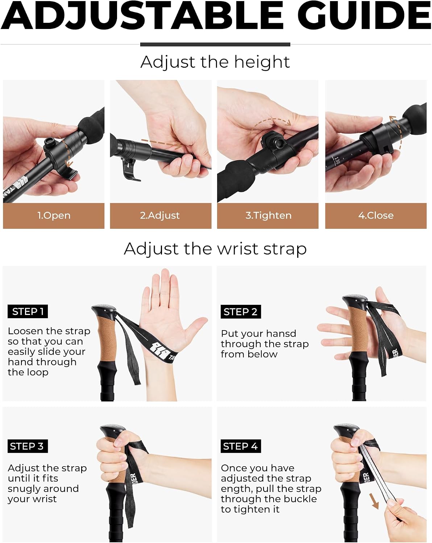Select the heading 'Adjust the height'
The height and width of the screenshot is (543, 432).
215,62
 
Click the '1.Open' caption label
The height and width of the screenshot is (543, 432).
54,215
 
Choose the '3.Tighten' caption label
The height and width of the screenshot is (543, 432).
268,215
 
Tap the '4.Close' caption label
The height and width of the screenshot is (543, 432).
376,215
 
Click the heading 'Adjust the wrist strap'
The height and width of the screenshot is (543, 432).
215,249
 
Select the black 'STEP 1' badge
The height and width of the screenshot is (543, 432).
28,312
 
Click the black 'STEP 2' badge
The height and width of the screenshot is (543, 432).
241,312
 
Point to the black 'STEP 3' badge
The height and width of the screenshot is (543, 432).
28,446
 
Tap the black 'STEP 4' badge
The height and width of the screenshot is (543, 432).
241,446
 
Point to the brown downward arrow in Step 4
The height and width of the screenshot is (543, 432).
374,501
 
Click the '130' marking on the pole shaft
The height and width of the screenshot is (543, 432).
337,160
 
